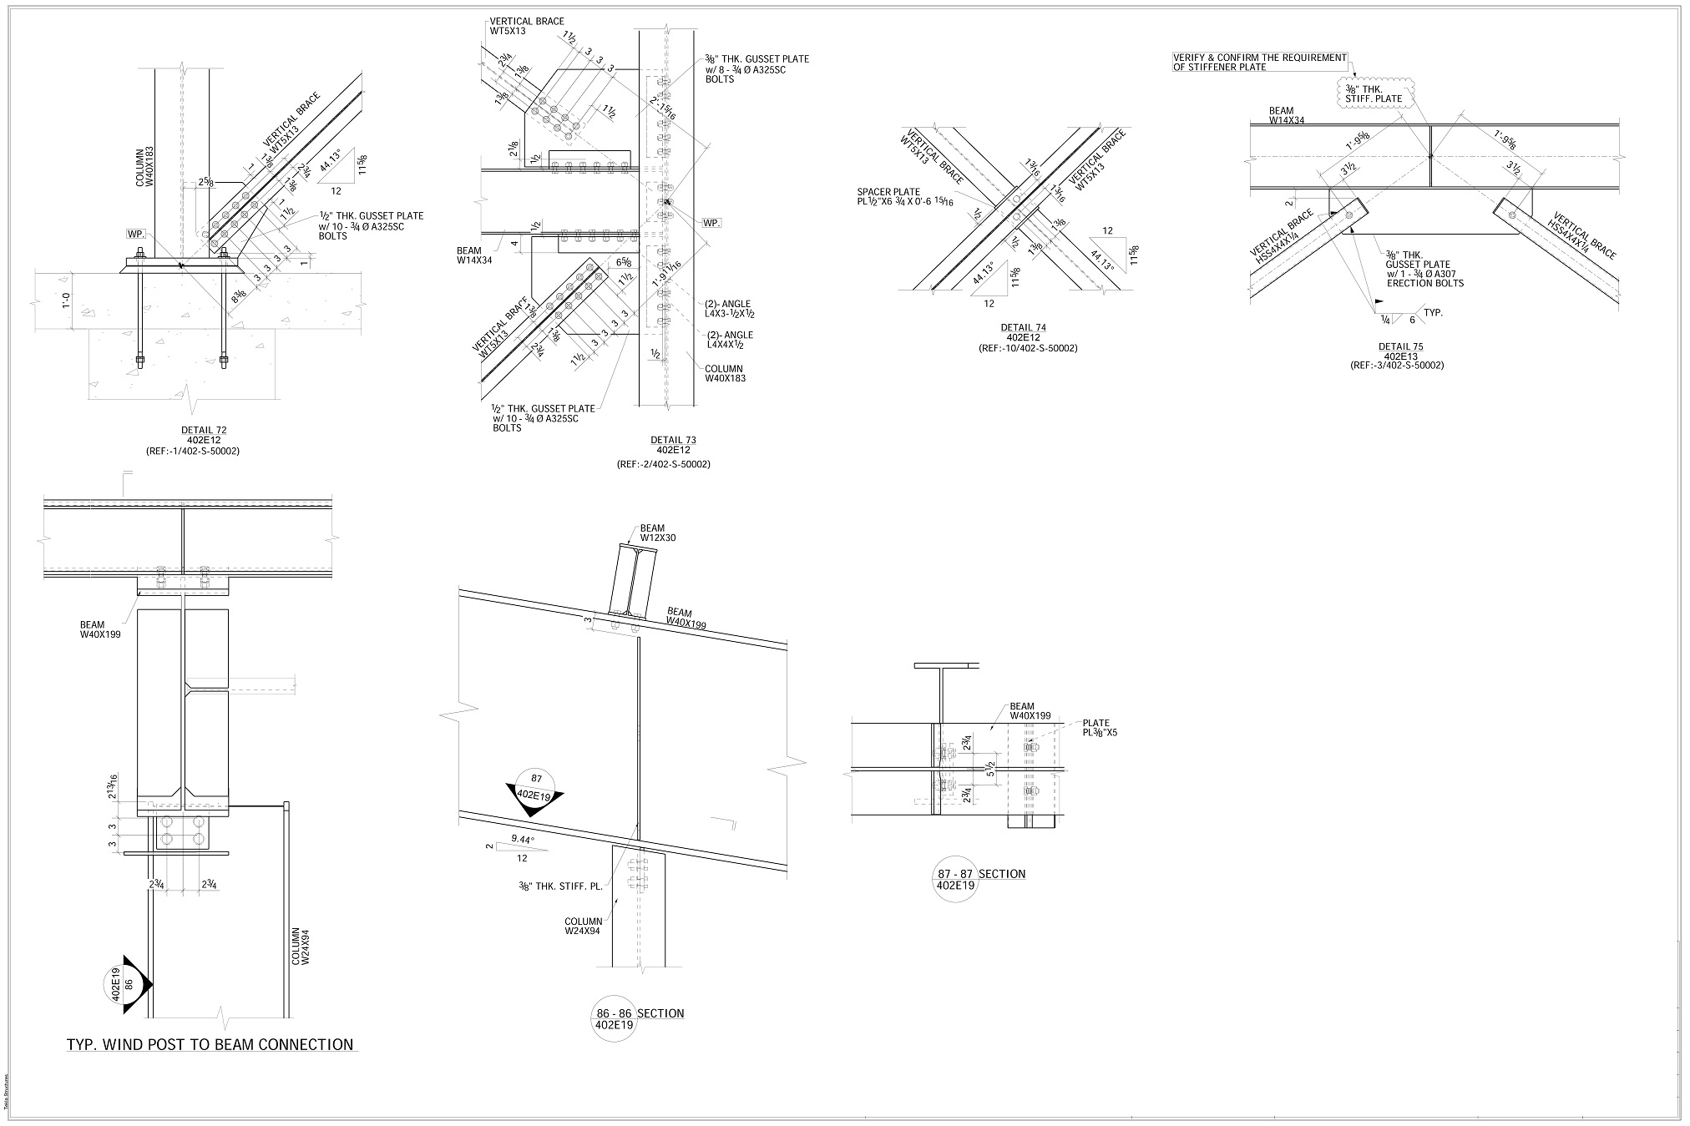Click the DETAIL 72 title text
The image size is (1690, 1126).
pos(204,431)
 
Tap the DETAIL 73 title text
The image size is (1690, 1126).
pos(673,440)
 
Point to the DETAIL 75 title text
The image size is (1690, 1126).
pos(1401,346)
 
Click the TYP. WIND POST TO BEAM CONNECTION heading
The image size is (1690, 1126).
pos(210,1044)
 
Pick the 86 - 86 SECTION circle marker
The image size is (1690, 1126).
pos(614,1019)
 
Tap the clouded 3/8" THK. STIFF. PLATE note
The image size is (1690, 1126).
pos(1374,93)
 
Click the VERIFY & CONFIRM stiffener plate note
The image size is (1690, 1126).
pos(1260,62)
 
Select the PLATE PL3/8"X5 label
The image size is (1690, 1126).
pos(1100,728)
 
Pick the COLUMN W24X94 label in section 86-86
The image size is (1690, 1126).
pos(583,927)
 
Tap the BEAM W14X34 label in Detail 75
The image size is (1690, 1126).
pos(1281,115)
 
